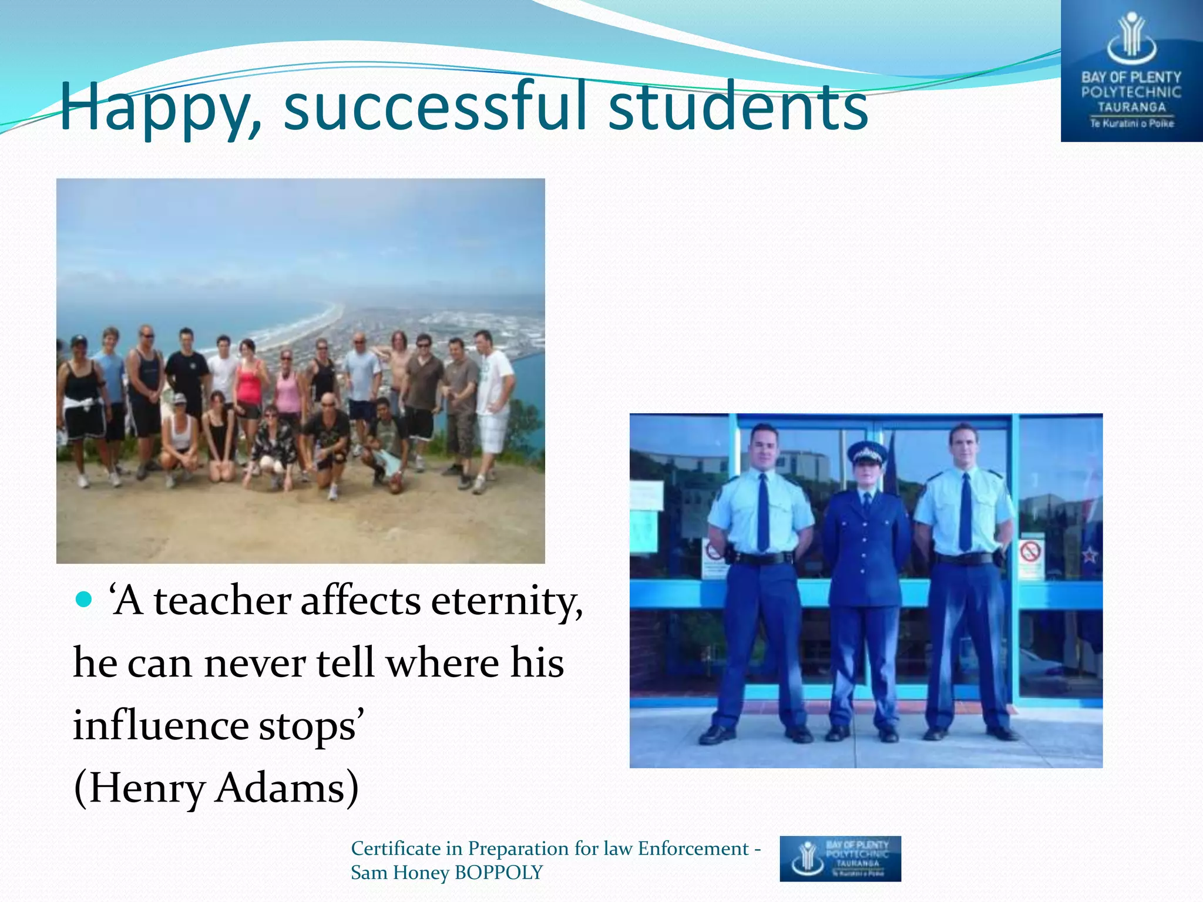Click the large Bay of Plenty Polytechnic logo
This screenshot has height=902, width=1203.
(1131, 71)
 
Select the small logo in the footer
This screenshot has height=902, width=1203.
(840, 858)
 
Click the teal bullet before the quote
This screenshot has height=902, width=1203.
(85, 600)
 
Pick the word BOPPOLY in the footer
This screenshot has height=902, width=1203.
(499, 873)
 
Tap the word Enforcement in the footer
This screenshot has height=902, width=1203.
(693, 849)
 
